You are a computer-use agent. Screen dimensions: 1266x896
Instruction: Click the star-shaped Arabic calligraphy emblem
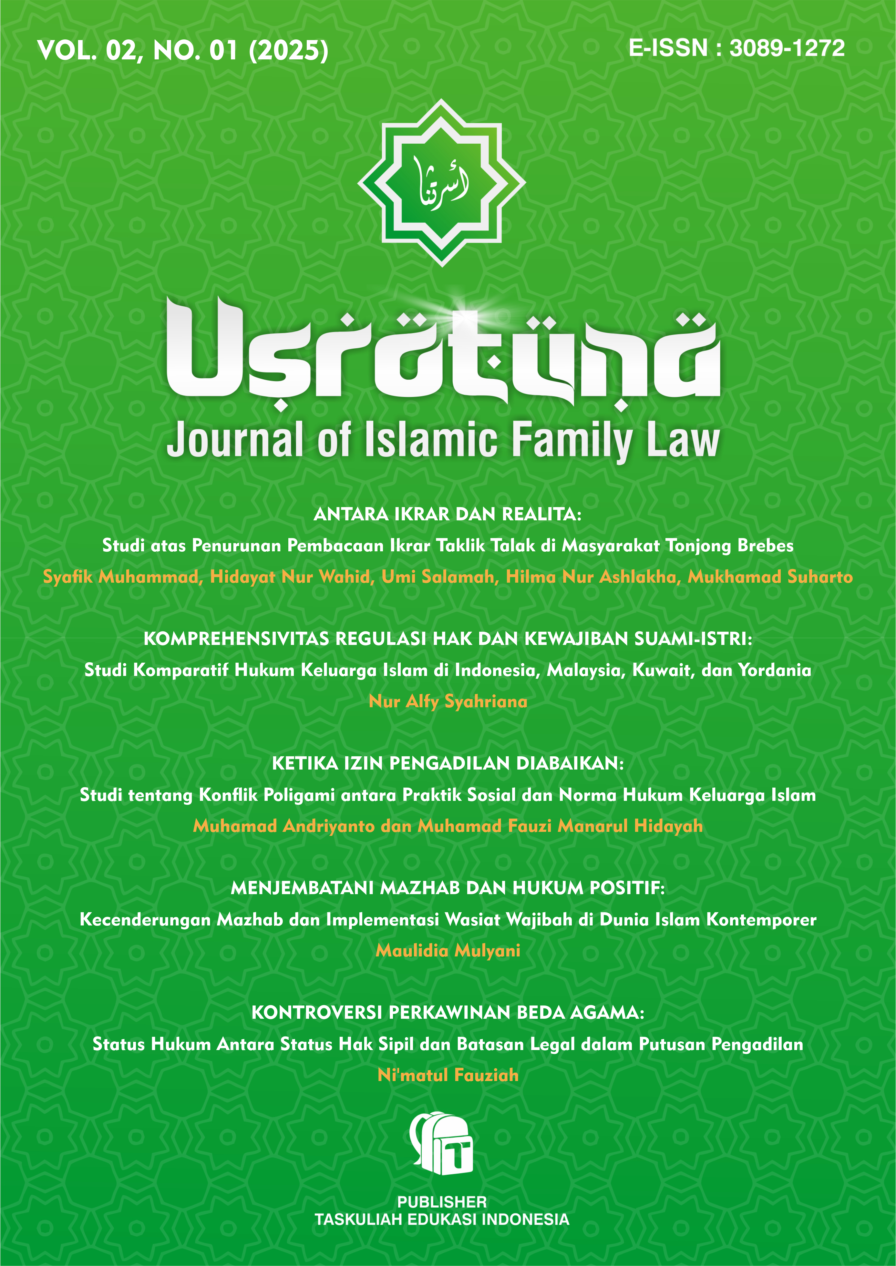[x=441, y=183]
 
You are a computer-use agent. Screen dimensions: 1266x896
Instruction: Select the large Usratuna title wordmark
[x=443, y=353]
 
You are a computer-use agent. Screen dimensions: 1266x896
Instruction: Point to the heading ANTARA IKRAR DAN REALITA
[x=448, y=514]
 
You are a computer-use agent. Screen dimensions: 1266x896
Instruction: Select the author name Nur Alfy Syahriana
[x=448, y=702]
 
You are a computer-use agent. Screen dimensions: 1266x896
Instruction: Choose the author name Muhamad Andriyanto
[x=283, y=826]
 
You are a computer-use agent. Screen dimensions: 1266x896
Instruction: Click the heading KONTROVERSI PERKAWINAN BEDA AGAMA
[x=448, y=1013]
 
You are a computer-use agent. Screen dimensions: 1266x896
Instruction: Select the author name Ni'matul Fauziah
[x=448, y=1075]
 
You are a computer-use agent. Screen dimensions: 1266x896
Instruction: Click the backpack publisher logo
[x=441, y=1143]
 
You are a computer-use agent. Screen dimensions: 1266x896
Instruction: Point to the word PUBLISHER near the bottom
[x=441, y=1202]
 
